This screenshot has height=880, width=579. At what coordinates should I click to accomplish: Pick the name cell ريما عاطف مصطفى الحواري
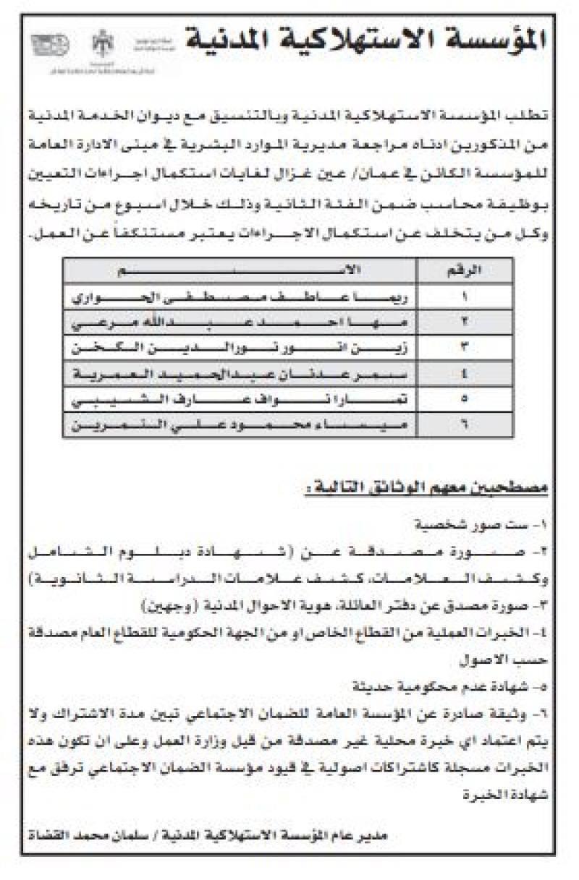[243, 296]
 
